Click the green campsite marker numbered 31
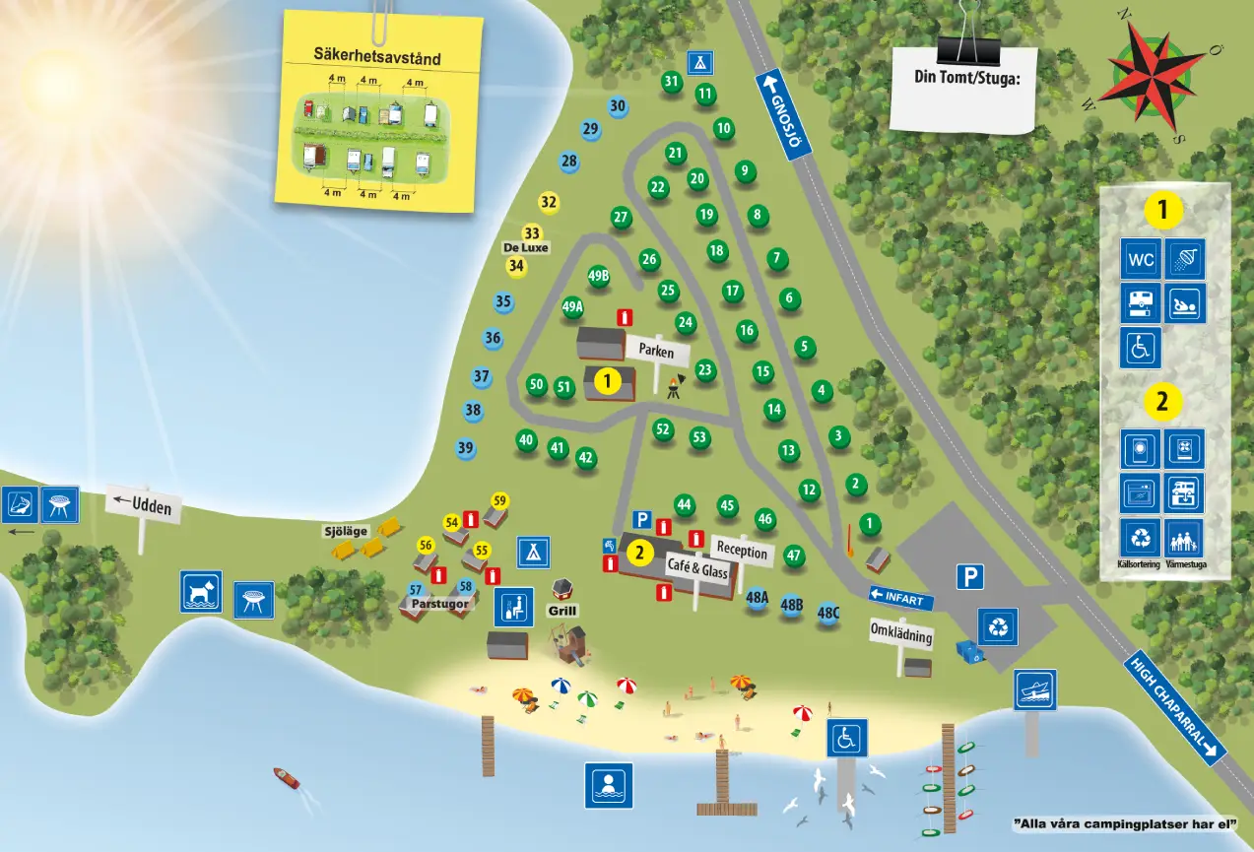pos(672,82)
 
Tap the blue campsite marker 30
pos(618,106)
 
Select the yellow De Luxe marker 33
pos(532,233)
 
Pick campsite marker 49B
pos(599,276)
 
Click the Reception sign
pos(742,550)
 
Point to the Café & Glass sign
pos(697,570)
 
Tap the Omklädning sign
pos(901,633)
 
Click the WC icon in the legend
pos(1141,260)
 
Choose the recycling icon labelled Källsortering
pos(1141,538)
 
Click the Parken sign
pos(656,350)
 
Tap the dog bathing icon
pos(201,592)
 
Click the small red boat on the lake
pos(286,778)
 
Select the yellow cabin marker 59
pos(499,500)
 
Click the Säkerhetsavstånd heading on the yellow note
pos(377,57)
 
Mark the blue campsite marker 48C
pos(828,613)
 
